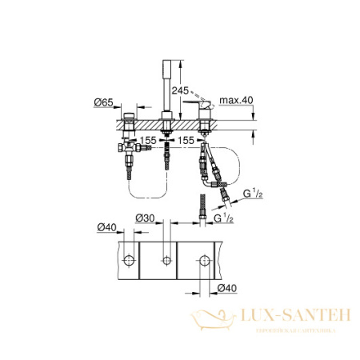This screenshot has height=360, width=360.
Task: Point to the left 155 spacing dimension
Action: coord(146,138)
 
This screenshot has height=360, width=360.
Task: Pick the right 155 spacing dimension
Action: coord(186,138)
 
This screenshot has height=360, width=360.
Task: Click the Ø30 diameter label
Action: coord(145,218)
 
